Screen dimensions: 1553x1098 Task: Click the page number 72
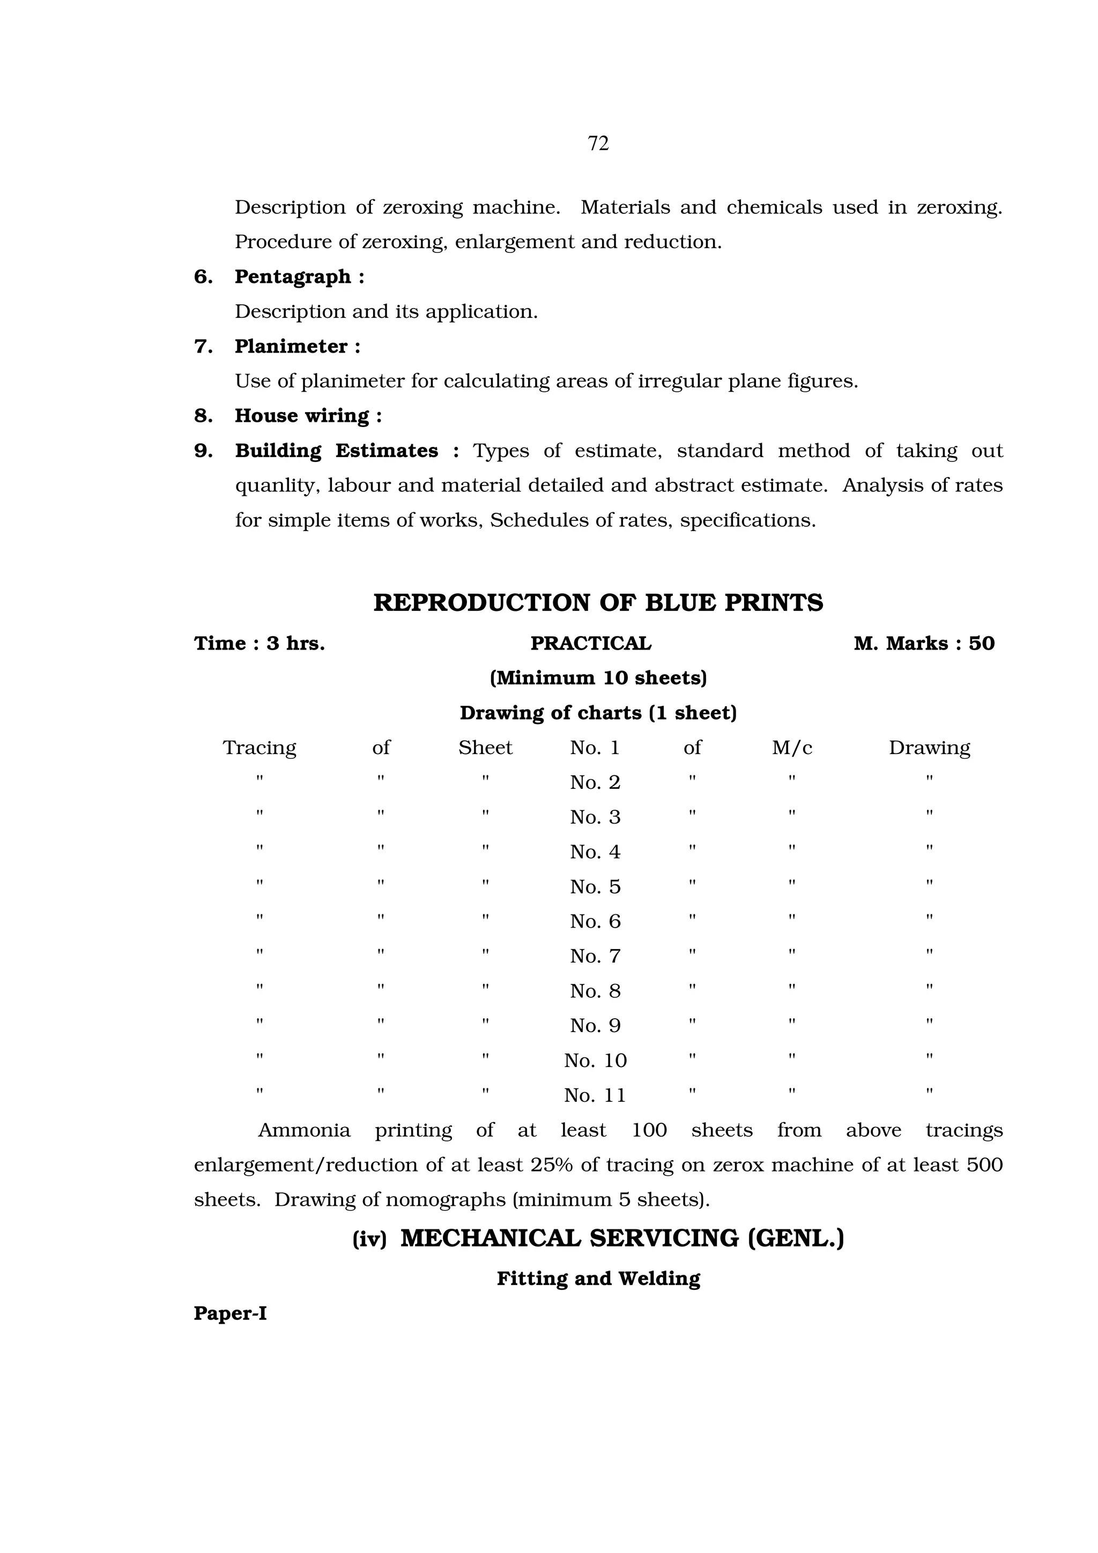point(598,144)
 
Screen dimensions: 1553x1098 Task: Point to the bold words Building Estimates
point(336,451)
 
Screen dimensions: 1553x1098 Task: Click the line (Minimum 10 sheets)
point(598,678)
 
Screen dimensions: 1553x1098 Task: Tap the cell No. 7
point(595,957)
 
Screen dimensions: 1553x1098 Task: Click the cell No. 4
point(595,852)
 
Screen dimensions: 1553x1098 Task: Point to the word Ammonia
point(304,1130)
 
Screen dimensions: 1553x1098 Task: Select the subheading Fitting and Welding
point(598,1279)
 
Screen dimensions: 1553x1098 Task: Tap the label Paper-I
point(230,1313)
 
